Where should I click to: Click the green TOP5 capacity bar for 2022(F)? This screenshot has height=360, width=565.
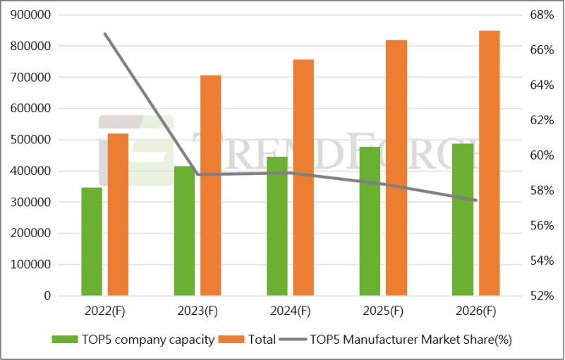pos(92,241)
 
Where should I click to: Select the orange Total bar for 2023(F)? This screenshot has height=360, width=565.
pos(210,185)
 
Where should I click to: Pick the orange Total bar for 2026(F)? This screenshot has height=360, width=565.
pos(489,163)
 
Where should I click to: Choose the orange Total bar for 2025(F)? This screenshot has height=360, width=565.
pos(396,168)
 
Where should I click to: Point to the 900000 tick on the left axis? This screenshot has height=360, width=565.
pos(30,15)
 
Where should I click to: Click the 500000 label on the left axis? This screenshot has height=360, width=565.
pos(30,140)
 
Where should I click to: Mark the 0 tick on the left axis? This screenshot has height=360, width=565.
pos(47,296)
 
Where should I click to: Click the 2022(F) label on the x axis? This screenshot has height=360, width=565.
pos(105,311)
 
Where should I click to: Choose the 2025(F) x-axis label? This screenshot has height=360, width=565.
pos(383,311)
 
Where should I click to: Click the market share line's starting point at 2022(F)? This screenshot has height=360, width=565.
pos(104,33)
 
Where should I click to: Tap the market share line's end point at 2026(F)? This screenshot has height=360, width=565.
pos(476,200)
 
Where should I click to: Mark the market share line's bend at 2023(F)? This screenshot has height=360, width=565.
pos(198,174)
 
